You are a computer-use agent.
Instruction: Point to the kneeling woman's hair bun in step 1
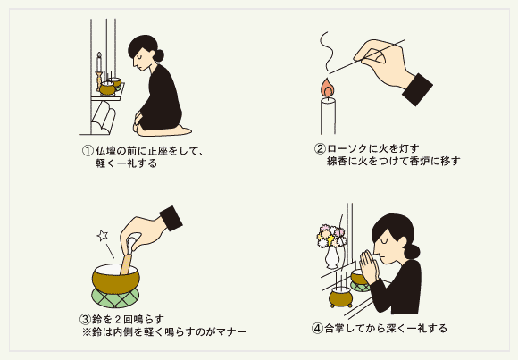click(x=160, y=54)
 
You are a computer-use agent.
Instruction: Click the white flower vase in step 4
click(x=332, y=256)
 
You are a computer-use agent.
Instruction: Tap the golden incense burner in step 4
click(x=338, y=295)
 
